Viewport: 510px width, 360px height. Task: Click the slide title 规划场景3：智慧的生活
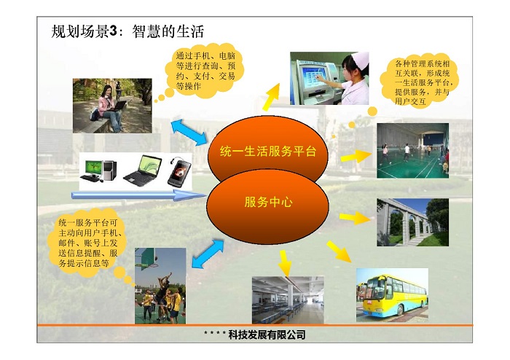coord(127,31)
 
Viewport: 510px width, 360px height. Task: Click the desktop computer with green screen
coord(98,171)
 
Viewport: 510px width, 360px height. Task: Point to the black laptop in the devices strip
coord(143,171)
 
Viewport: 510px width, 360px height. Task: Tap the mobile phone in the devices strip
coord(179,173)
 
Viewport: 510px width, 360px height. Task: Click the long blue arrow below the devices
coord(139,195)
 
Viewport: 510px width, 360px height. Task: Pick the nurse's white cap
coord(360,60)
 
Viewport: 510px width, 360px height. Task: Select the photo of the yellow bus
coord(392,295)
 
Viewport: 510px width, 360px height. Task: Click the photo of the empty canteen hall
coord(288,300)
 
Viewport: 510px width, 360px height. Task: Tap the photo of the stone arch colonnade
coord(413,222)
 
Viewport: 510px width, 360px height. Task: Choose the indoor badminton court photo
coord(413,151)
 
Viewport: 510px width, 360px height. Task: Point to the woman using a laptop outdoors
coord(110,107)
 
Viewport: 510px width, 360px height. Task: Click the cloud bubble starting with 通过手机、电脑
coord(205,71)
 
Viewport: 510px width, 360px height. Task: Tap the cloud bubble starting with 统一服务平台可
coord(87,243)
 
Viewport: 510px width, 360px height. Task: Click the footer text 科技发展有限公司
coord(267,334)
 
